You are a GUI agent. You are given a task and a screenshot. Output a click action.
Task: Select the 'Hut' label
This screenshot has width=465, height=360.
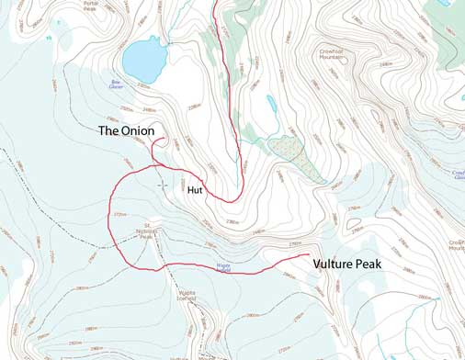click(x=195, y=190)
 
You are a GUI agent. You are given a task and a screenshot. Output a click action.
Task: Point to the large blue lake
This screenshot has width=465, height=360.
click(x=142, y=57)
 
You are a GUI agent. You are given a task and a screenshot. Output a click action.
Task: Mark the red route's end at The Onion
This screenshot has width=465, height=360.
click(x=163, y=140)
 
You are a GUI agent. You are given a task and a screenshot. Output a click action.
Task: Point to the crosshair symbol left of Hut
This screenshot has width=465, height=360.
click(x=163, y=185)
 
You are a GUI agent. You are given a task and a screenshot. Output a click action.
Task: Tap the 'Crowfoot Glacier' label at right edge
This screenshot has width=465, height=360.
click(x=457, y=174)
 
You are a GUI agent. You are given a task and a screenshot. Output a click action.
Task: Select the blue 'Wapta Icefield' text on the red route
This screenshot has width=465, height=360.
click(x=222, y=267)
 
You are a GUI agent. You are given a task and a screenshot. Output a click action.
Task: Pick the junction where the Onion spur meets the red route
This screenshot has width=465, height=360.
click(x=156, y=165)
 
